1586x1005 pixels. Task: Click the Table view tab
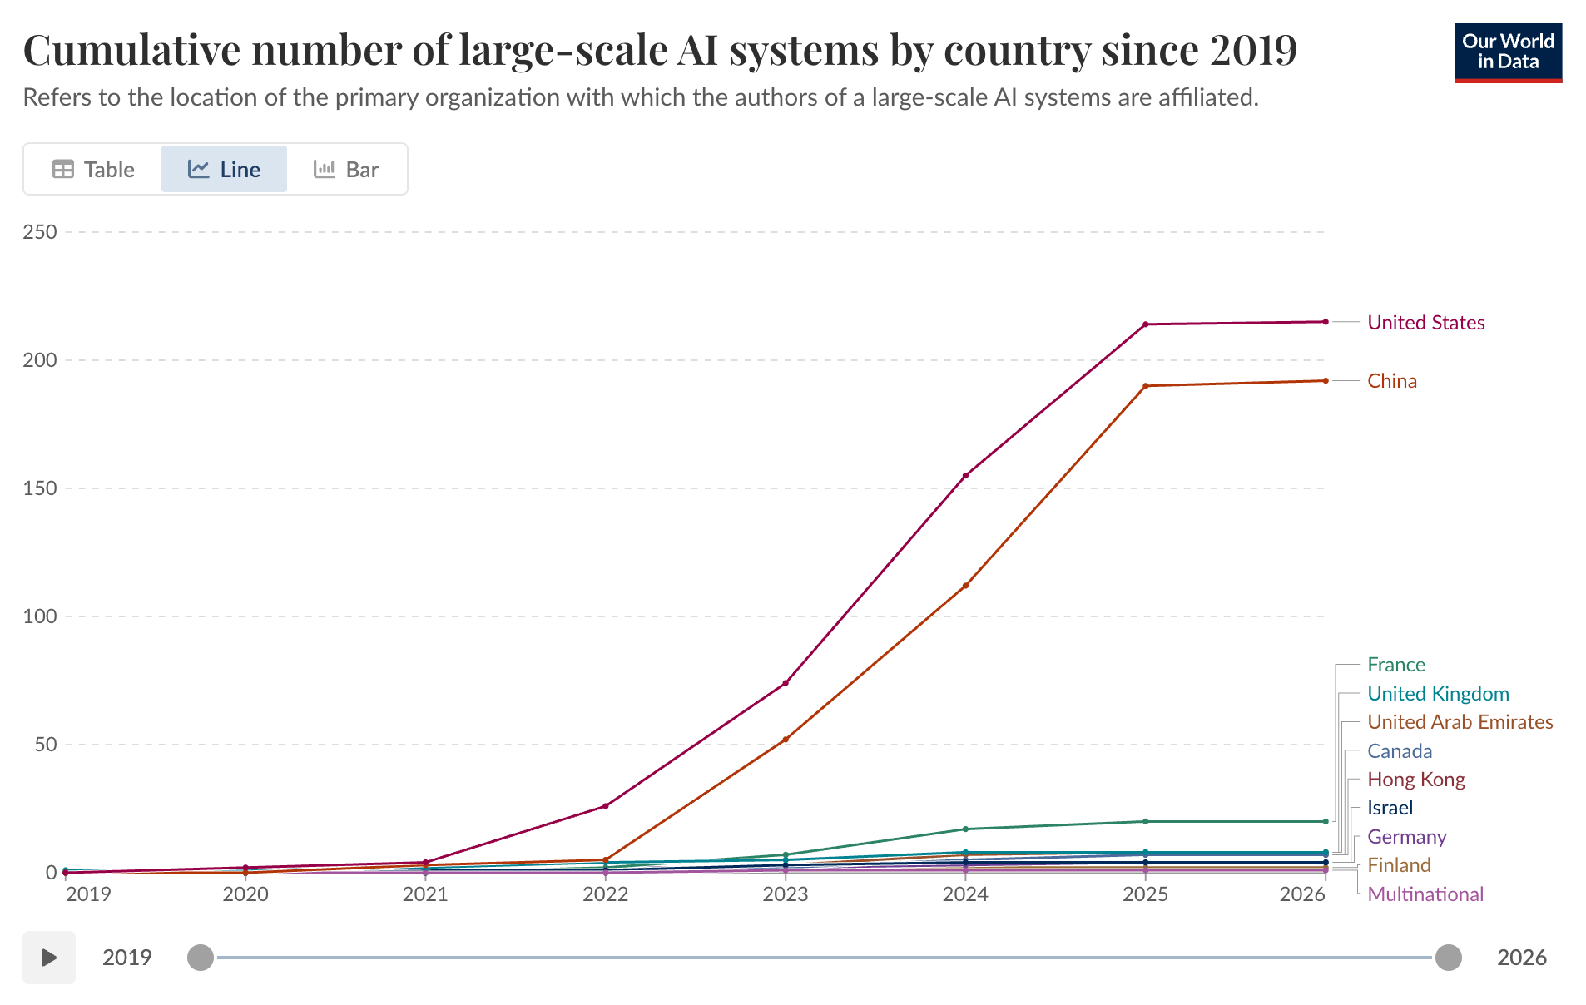(93, 170)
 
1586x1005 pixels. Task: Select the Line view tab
(224, 170)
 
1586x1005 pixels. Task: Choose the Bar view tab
(346, 170)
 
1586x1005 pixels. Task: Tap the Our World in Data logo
(1507, 52)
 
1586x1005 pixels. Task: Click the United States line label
(1425, 323)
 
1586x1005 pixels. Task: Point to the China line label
(1391, 381)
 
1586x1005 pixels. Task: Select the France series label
(1395, 665)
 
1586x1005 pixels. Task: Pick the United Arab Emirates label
(1460, 722)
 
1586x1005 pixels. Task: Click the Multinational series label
(1425, 894)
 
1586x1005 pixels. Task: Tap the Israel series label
(1390, 808)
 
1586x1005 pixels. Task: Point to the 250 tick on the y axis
(40, 232)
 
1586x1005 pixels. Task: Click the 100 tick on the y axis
(40, 616)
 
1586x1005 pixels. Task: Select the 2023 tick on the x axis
(785, 894)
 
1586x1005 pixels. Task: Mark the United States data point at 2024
(965, 476)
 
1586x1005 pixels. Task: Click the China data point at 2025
(1145, 386)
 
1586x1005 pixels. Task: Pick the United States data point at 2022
(605, 806)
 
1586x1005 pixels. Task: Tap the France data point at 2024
(965, 829)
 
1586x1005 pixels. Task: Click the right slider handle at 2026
(1448, 958)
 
